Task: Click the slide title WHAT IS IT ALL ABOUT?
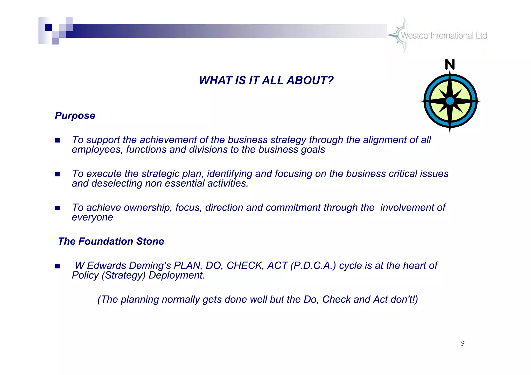pyautogui.click(x=266, y=81)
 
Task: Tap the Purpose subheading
pyautogui.click(x=75, y=116)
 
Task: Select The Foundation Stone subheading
pyautogui.click(x=111, y=241)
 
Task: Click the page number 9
pyautogui.click(x=463, y=343)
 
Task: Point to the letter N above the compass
pyautogui.click(x=450, y=64)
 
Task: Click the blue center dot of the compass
pyautogui.click(x=450, y=101)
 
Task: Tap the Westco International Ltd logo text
pyautogui.click(x=444, y=36)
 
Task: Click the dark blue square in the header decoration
pyautogui.click(x=48, y=27)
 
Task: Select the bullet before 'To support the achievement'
pyautogui.click(x=58, y=141)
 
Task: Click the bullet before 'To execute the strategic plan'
pyautogui.click(x=58, y=174)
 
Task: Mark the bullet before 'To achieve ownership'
pyautogui.click(x=58, y=208)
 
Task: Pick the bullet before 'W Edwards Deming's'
pyautogui.click(x=58, y=266)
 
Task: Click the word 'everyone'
pyautogui.click(x=92, y=218)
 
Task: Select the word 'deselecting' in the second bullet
pyautogui.click(x=117, y=184)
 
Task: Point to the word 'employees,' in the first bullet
pyautogui.click(x=97, y=150)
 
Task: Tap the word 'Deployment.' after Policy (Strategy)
pyautogui.click(x=177, y=275)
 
